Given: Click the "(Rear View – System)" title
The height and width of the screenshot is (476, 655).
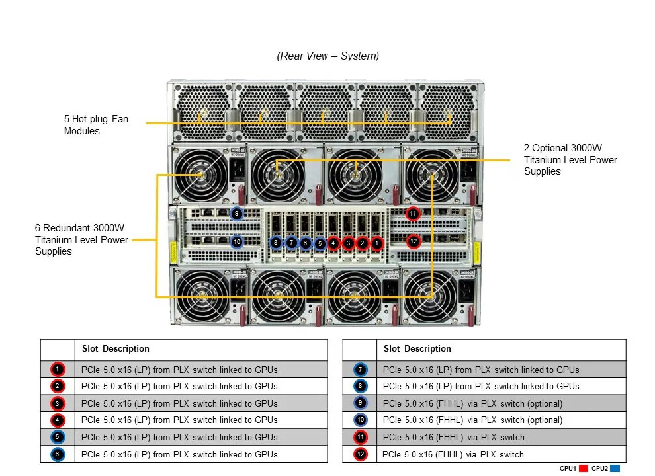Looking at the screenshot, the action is click(x=328, y=56).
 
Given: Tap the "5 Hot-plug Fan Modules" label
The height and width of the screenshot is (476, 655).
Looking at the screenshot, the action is click(x=96, y=125).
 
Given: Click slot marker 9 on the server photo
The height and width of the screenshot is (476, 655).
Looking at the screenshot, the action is click(x=237, y=214).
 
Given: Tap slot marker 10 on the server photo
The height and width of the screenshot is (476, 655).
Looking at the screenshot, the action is click(x=237, y=242).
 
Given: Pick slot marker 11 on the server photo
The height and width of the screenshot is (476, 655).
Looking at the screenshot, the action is click(x=413, y=214).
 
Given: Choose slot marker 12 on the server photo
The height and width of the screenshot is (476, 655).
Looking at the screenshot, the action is click(x=414, y=241).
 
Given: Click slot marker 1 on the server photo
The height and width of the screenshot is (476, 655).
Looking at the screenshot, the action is click(x=377, y=243).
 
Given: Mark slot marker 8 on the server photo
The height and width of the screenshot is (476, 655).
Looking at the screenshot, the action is click(x=275, y=243).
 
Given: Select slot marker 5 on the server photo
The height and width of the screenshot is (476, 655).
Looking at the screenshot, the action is click(x=320, y=243).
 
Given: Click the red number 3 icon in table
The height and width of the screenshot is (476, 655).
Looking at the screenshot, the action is click(x=58, y=403).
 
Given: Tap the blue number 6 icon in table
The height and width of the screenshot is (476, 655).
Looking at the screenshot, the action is click(x=58, y=454).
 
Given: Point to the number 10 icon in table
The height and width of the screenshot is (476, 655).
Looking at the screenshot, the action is click(x=360, y=420).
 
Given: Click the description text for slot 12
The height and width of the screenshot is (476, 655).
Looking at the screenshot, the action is click(x=453, y=454).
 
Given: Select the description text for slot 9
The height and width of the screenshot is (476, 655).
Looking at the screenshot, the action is click(x=472, y=404).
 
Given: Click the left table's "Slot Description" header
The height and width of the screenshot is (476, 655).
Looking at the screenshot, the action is click(x=116, y=348).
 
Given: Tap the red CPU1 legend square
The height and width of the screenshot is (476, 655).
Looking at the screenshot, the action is click(x=584, y=469).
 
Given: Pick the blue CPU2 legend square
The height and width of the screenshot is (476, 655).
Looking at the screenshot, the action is click(x=615, y=469).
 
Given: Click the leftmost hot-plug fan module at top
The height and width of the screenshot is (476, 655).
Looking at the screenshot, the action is click(x=202, y=112).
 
